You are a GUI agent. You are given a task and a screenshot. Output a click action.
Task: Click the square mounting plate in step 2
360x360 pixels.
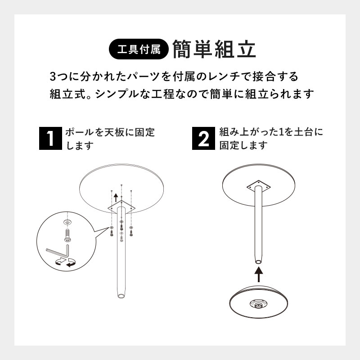pyautogui.click(x=259, y=186)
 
